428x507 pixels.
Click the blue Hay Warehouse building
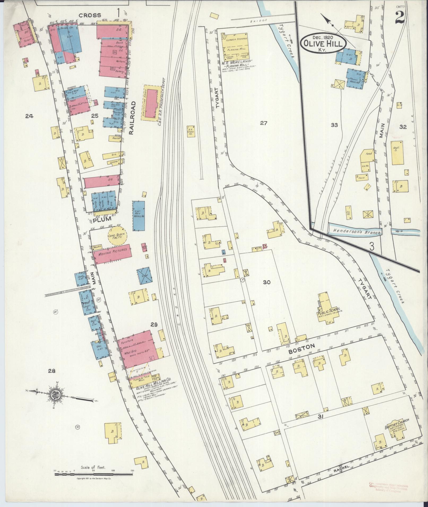pos(139,215)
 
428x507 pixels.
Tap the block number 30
pos(267,283)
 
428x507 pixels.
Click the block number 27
pos(263,123)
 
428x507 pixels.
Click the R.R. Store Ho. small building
pos(191,131)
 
